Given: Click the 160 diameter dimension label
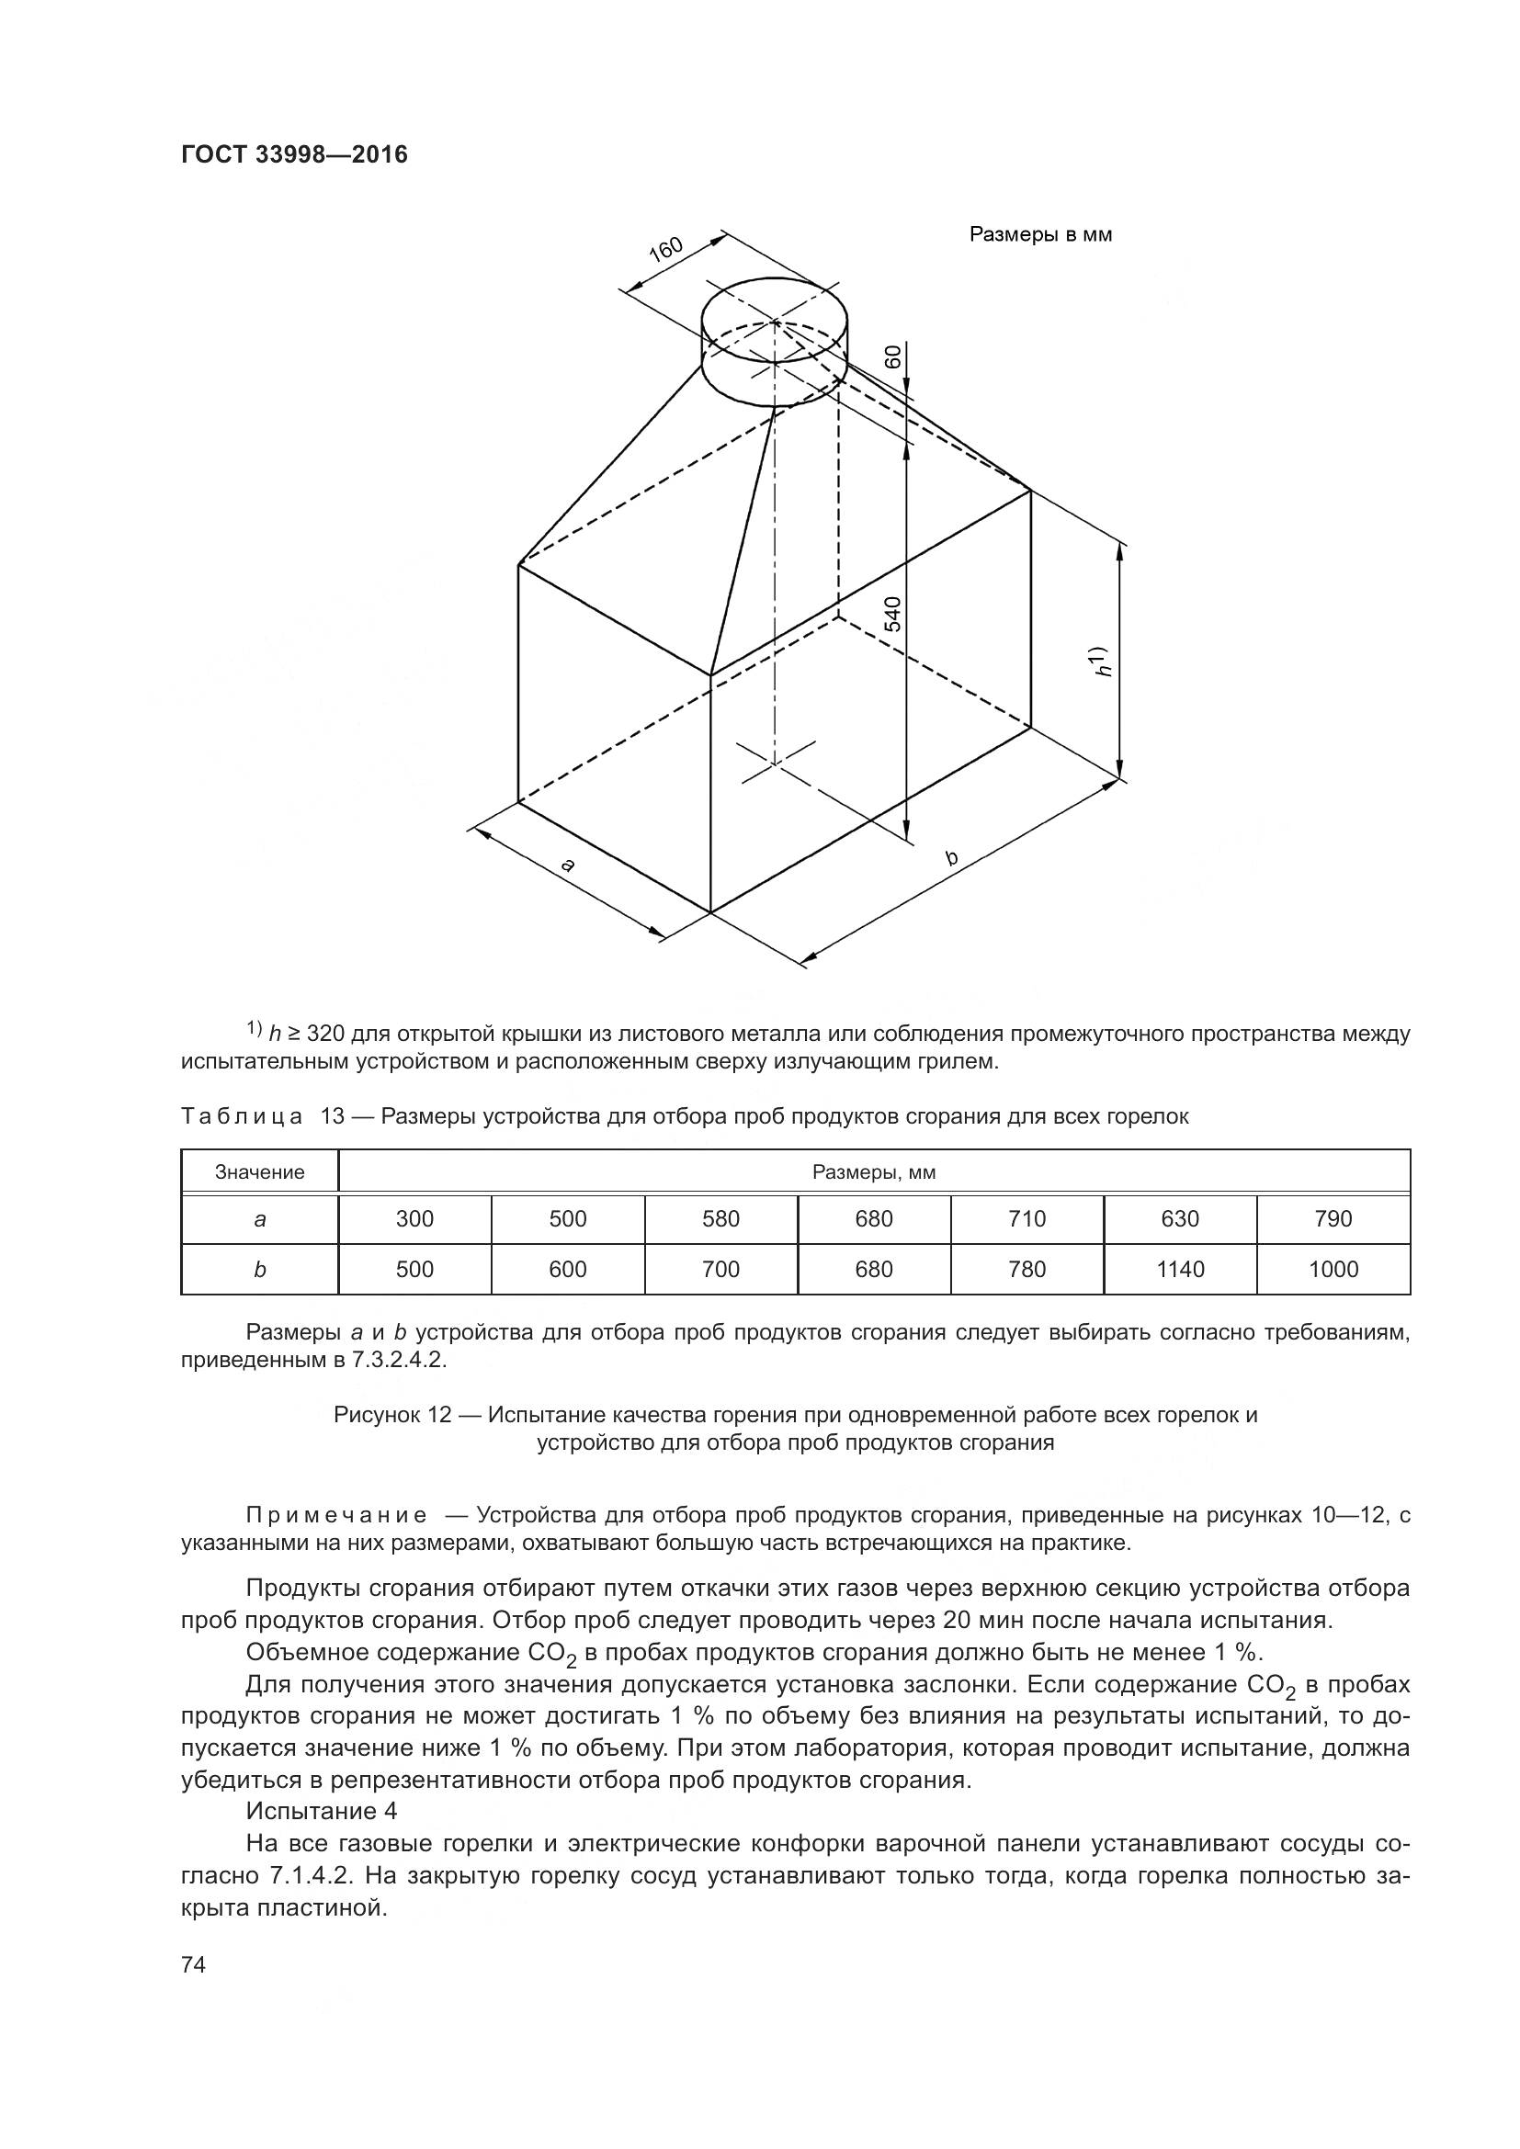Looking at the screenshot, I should [x=666, y=251].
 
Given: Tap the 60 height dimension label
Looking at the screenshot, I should [x=894, y=356].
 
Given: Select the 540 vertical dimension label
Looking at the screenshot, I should [x=894, y=613].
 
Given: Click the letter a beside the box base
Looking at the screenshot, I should [x=567, y=865].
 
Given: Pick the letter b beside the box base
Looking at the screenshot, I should [x=952, y=857].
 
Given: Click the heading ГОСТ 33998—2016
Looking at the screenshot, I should [x=294, y=154].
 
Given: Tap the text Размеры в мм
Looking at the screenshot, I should [x=1040, y=235].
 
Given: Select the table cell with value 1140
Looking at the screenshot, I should [x=1180, y=1269].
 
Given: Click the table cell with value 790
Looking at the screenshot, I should [x=1333, y=1218].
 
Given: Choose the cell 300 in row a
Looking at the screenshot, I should [x=414, y=1218].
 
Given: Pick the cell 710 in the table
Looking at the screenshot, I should [x=1027, y=1218].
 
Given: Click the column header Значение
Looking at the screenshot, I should [x=259, y=1171].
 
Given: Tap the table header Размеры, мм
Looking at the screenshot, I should [x=873, y=1171].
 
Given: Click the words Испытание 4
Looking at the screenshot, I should [x=321, y=1811].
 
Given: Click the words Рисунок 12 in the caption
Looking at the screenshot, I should [x=392, y=1414].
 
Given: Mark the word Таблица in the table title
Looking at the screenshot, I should [x=242, y=1116].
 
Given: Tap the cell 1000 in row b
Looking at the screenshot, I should [x=1333, y=1269].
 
